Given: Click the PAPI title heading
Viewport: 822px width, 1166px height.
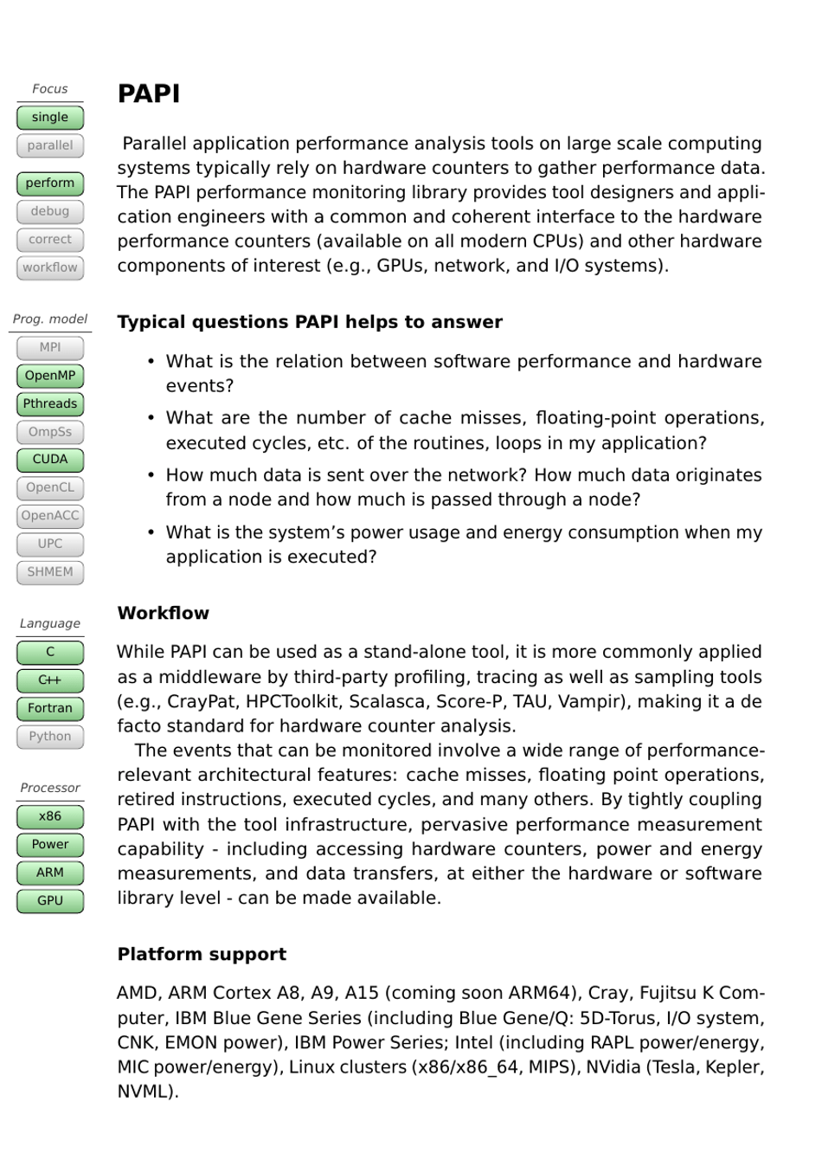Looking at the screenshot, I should (149, 93).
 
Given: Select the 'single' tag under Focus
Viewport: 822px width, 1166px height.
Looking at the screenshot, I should (50, 118).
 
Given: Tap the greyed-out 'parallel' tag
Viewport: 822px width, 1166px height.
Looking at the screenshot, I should (50, 145).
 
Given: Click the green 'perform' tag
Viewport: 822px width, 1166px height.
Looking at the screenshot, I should (50, 184).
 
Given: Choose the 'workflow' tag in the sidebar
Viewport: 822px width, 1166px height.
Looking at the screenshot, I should (50, 267).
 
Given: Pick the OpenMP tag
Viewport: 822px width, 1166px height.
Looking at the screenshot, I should (50, 376).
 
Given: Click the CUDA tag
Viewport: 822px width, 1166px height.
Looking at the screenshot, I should (50, 460).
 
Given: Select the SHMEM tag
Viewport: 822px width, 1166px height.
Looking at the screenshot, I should (50, 572).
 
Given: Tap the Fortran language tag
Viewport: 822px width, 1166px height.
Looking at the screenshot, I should (50, 708).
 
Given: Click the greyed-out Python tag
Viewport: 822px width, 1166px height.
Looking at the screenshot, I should (50, 737).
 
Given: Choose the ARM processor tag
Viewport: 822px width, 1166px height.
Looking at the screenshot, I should (50, 873).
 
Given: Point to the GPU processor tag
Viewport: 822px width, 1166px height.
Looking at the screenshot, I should (50, 901).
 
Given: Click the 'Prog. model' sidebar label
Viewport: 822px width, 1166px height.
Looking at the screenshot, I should (50, 319).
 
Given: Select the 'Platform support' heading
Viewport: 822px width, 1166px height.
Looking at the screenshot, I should (202, 954).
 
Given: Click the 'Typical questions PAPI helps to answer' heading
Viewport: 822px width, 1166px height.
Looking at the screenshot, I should (310, 322).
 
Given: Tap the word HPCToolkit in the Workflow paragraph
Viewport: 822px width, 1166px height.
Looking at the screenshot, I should (299, 701).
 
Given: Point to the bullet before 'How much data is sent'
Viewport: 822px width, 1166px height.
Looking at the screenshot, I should (151, 475).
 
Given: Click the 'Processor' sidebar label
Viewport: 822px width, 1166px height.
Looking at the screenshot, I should (50, 788).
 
